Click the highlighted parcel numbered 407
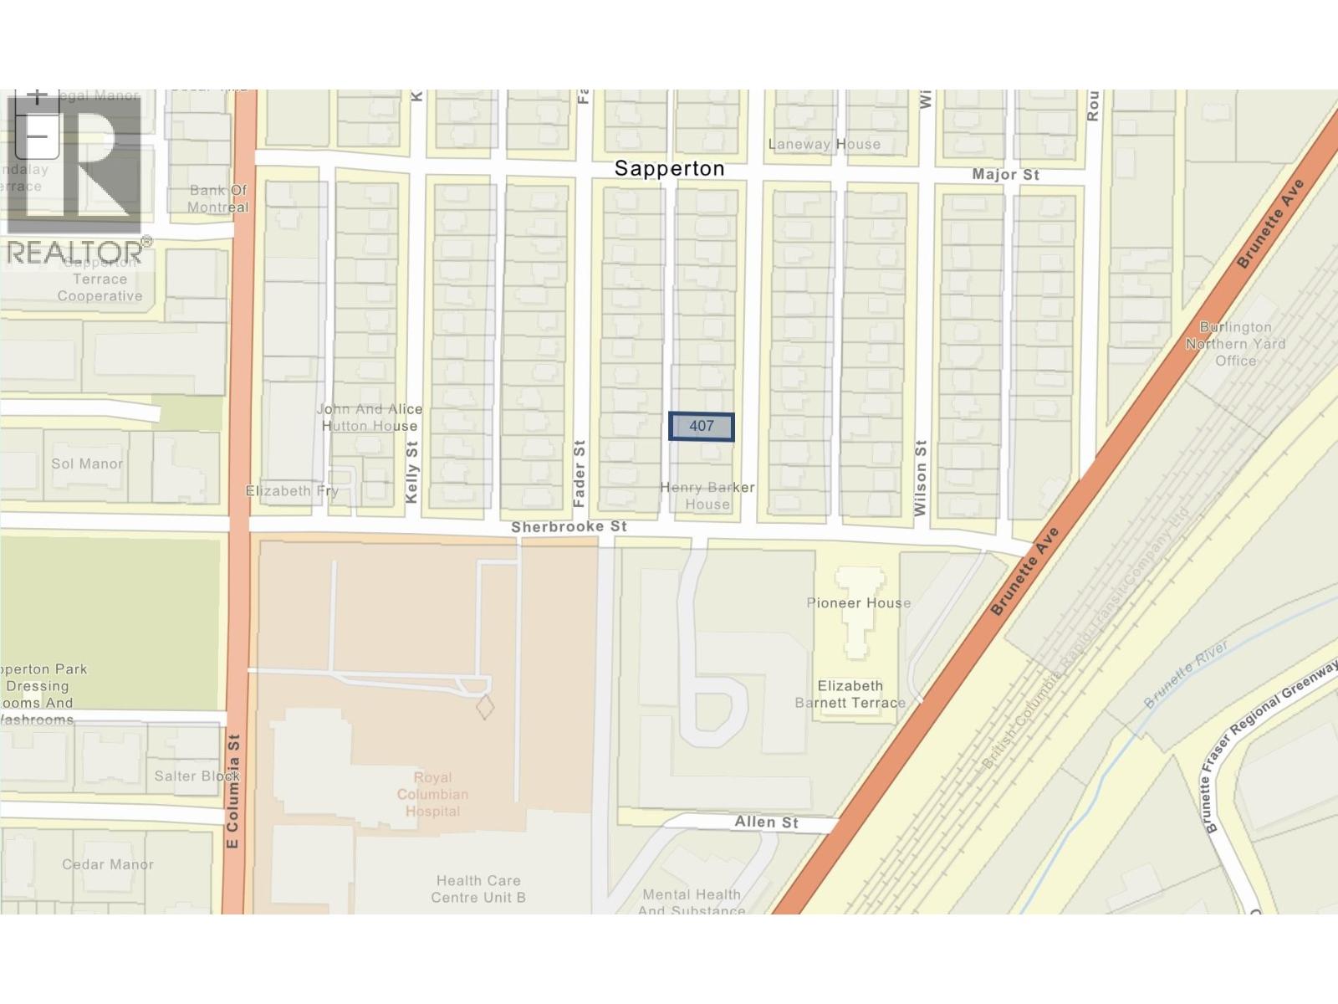[701, 427]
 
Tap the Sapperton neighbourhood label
[669, 168]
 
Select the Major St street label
[1005, 174]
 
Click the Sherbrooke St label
[569, 527]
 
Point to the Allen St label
[766, 822]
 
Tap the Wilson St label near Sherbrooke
[921, 478]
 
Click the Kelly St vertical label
[411, 473]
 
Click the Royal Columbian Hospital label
[432, 794]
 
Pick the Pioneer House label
[858, 602]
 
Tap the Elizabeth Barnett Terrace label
[850, 694]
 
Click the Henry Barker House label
[707, 495]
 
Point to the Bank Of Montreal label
[217, 198]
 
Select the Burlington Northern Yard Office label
[1235, 343]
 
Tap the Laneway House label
[824, 144]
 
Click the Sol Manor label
[87, 464]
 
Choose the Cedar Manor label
[108, 864]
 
